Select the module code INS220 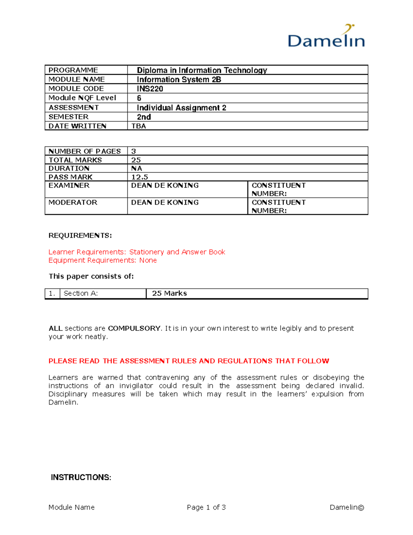pyautogui.click(x=150, y=89)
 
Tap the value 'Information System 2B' pyautogui.click(x=179, y=80)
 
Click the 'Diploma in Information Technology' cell pyautogui.click(x=202, y=70)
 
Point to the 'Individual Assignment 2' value pyautogui.click(x=181, y=108)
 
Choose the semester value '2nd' pyautogui.click(x=144, y=117)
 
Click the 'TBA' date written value pyautogui.click(x=139, y=126)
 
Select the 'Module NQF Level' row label pyautogui.click(x=82, y=98)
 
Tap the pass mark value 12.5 pyautogui.click(x=139, y=177)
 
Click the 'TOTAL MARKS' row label pyautogui.click(x=75, y=160)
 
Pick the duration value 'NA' pyautogui.click(x=137, y=168)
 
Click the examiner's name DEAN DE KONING pyautogui.click(x=165, y=186)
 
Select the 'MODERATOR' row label pyautogui.click(x=73, y=203)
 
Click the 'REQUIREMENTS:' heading pyautogui.click(x=80, y=236)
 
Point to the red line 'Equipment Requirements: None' pyautogui.click(x=103, y=260)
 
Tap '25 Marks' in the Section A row pyautogui.click(x=169, y=294)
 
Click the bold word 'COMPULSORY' pyautogui.click(x=134, y=328)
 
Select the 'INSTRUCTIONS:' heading pyautogui.click(x=81, y=477)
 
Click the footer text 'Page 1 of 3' pyautogui.click(x=206, y=507)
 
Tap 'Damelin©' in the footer pyautogui.click(x=347, y=507)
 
